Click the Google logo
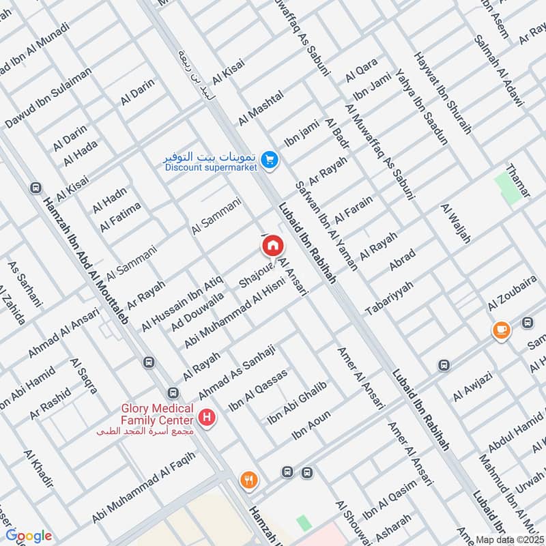(28, 536)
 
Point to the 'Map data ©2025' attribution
(508, 538)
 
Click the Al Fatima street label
(120, 216)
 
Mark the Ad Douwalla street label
(198, 312)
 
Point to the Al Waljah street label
(457, 224)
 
